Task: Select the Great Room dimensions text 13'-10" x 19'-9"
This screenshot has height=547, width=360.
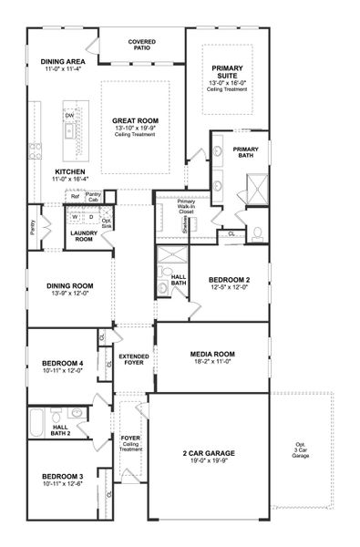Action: (136, 128)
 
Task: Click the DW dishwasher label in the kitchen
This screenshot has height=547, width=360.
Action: (69, 115)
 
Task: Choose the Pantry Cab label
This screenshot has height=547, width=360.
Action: (93, 196)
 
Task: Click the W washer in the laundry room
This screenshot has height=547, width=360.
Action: (75, 217)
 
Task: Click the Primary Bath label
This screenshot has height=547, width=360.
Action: (245, 152)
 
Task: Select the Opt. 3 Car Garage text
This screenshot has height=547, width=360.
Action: (301, 451)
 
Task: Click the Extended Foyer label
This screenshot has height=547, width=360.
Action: (132, 359)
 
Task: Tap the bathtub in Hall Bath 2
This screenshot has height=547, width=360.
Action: (36, 425)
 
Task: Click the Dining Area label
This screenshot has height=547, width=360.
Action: (63, 62)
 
